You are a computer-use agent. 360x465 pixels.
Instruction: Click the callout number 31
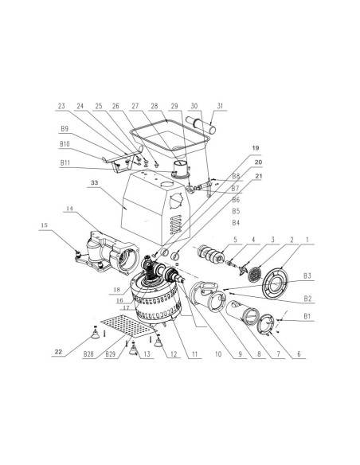220,106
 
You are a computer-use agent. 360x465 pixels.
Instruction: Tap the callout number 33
94,183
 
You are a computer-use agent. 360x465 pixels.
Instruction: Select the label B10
65,144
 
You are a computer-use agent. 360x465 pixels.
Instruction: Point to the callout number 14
69,209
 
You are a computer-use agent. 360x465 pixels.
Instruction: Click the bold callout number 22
59,352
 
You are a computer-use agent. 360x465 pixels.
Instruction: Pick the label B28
88,354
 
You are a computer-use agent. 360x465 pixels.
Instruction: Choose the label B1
307,316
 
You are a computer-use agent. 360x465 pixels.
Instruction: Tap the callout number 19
256,147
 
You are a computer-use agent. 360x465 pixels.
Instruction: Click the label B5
236,211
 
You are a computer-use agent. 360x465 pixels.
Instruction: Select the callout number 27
135,106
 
